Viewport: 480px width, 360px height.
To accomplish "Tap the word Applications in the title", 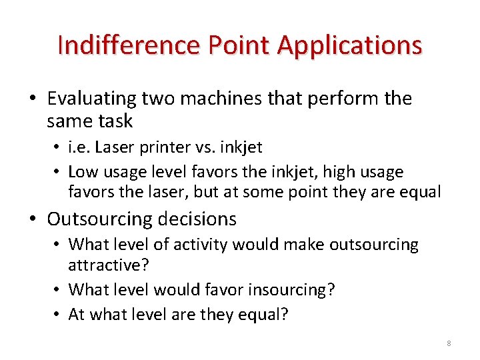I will tap(349, 45).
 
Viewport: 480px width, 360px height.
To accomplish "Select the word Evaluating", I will tap(91, 99).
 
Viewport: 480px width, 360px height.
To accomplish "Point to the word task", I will tap(114, 121).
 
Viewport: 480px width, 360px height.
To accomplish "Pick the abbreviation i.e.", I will tap(81, 147).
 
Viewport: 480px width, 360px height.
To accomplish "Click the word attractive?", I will tap(109, 265).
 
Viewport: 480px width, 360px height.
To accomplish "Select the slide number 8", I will tap(449, 343).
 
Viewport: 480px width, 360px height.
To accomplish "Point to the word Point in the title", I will tap(237, 45).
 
